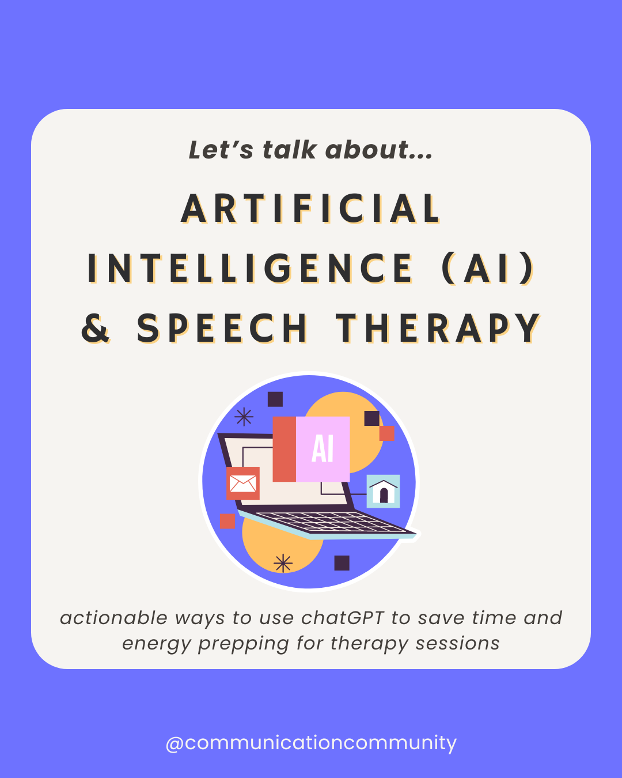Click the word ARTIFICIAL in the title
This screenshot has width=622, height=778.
click(x=311, y=209)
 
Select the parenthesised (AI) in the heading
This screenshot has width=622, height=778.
click(x=488, y=269)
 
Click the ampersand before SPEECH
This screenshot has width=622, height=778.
click(x=96, y=328)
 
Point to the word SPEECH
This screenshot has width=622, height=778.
click(x=222, y=328)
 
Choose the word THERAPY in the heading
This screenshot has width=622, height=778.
click(x=438, y=328)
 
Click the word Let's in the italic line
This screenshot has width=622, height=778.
click(x=221, y=150)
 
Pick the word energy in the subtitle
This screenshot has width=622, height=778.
click(x=156, y=644)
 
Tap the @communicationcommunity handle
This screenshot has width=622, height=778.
click(x=311, y=743)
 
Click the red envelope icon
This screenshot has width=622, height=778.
click(x=243, y=483)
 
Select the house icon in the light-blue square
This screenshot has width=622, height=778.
click(x=384, y=492)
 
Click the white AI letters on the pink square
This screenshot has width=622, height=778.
click(x=323, y=448)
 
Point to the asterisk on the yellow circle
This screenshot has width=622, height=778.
click(x=283, y=563)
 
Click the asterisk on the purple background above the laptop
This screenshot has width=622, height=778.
click(x=244, y=416)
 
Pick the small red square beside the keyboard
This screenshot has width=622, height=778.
click(x=227, y=521)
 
